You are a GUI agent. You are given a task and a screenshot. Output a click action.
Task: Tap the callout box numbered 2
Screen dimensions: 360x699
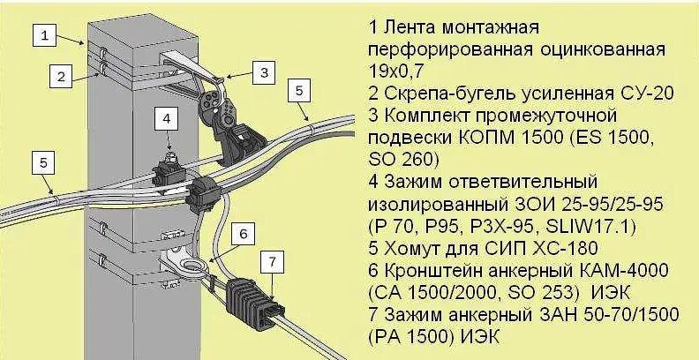60,76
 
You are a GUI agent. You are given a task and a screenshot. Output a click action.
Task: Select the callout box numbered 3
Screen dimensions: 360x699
263,74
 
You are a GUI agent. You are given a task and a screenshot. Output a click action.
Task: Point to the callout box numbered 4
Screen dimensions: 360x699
167,117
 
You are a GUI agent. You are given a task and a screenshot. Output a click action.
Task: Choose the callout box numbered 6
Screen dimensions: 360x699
245,233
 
